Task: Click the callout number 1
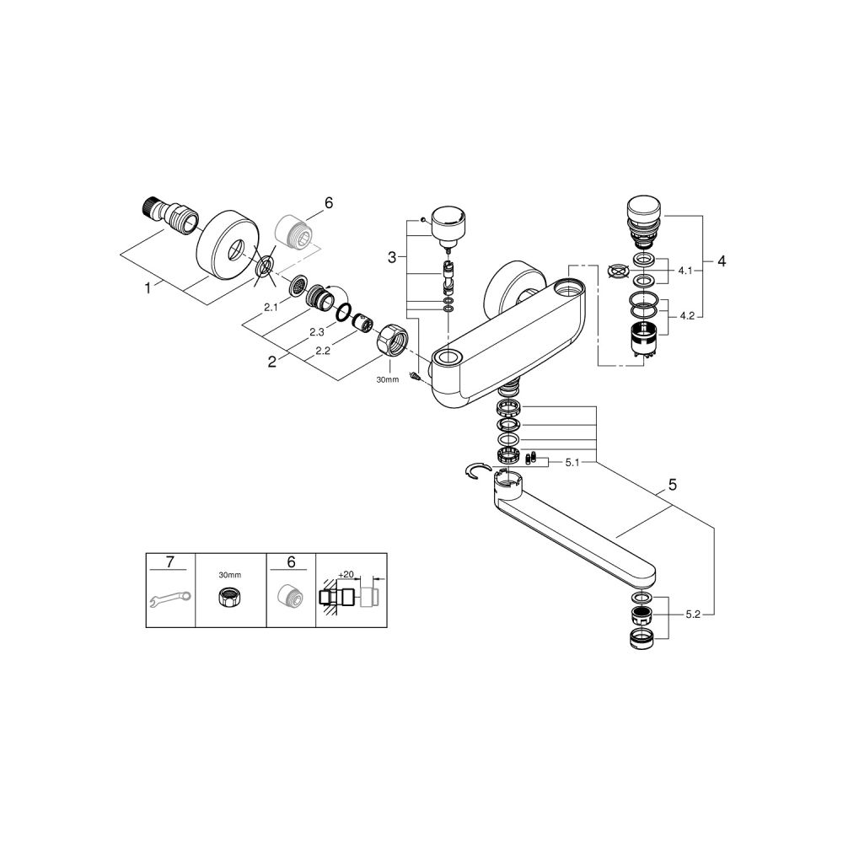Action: point(148,287)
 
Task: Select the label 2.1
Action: point(271,308)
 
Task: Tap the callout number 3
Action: point(391,256)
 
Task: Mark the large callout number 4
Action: point(721,261)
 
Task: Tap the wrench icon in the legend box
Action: point(169,600)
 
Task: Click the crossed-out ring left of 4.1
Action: point(619,272)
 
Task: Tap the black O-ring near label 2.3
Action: point(342,314)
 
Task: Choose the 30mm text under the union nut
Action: point(387,379)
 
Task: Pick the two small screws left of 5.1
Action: point(532,459)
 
